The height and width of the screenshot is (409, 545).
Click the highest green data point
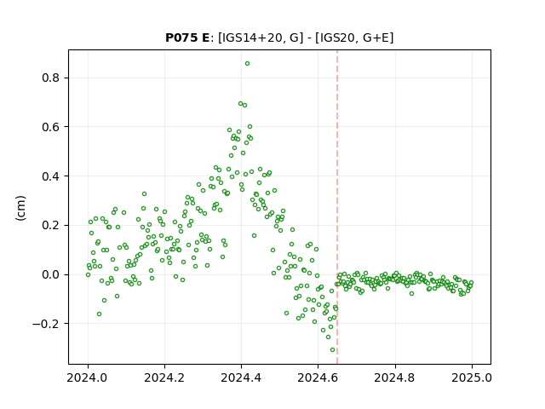click(x=247, y=64)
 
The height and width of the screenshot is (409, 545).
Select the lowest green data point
click(x=332, y=350)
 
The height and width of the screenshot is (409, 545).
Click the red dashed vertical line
click(x=337, y=207)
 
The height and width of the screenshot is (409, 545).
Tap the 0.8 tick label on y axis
click(x=51, y=78)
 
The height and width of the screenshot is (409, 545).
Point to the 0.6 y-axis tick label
click(x=51, y=127)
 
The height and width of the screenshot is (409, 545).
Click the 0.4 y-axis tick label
click(x=51, y=176)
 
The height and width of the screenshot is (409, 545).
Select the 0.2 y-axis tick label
click(x=51, y=225)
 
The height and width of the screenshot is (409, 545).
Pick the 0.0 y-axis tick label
click(x=51, y=274)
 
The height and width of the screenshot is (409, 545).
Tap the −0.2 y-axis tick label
click(x=47, y=324)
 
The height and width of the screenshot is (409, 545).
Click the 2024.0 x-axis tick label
click(x=88, y=377)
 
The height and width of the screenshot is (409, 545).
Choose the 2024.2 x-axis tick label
click(x=164, y=377)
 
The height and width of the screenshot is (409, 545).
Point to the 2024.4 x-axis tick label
click(x=241, y=377)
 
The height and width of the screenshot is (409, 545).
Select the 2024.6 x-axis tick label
click(x=318, y=377)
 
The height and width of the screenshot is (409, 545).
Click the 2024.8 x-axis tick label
click(x=395, y=377)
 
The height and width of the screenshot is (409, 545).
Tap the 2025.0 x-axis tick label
click(x=472, y=377)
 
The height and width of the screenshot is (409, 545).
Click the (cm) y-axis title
click(x=20, y=208)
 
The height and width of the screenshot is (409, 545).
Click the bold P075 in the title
click(x=181, y=37)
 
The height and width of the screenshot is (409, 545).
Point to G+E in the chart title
click(x=376, y=37)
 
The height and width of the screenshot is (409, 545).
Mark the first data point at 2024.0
click(x=88, y=274)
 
